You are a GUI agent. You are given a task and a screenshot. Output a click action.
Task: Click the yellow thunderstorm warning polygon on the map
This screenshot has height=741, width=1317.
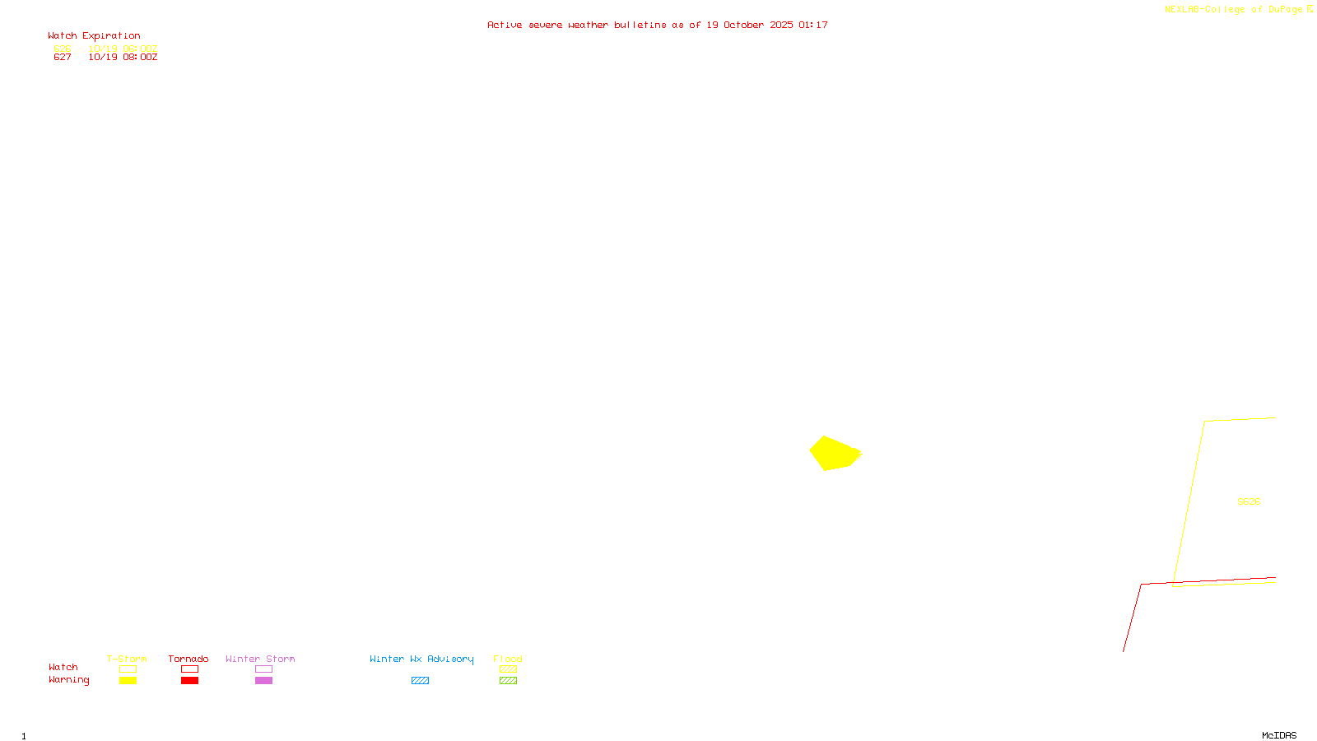[834, 453]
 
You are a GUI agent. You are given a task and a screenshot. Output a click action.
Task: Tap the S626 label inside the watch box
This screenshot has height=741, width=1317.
[1249, 501]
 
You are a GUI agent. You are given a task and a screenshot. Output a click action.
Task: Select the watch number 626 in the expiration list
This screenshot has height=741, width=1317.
[63, 49]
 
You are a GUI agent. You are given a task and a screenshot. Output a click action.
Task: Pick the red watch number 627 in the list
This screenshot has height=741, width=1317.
[63, 58]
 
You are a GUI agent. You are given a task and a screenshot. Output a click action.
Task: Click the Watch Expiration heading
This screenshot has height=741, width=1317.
[94, 36]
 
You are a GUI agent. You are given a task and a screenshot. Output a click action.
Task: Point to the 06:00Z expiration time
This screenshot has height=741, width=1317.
[140, 49]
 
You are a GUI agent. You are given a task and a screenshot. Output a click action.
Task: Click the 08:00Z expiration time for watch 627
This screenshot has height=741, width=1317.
[140, 58]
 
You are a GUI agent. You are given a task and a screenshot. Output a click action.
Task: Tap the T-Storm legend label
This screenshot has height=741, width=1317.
[127, 659]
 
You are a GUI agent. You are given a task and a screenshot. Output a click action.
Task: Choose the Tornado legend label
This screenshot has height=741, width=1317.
[188, 659]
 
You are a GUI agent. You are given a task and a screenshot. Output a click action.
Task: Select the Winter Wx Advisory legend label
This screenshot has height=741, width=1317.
[421, 659]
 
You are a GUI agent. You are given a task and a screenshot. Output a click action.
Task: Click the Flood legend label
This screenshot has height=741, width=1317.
[508, 659]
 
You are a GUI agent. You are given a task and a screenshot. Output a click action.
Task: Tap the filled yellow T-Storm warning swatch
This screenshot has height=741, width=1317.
[128, 681]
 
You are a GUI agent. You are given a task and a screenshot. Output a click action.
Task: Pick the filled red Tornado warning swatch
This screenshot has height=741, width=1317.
[189, 681]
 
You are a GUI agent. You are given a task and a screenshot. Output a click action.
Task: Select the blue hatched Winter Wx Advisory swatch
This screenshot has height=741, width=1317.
[420, 681]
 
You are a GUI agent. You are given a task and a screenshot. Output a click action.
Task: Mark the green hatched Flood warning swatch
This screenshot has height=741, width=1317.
[508, 681]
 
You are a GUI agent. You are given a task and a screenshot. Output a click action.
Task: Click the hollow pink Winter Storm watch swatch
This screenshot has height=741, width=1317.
[263, 669]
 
